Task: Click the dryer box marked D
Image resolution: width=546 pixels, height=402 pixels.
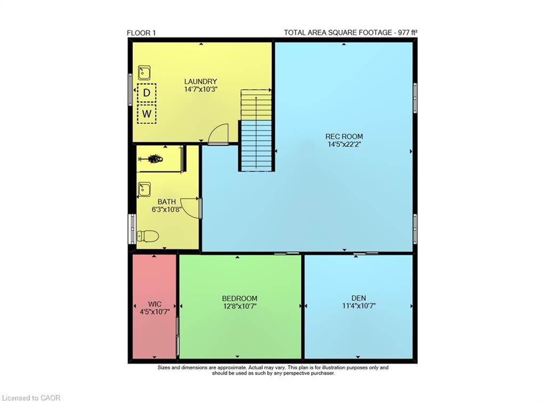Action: coord(147,93)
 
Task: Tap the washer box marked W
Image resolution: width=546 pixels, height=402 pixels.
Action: coord(147,114)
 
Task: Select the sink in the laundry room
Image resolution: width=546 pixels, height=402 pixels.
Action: coord(144,73)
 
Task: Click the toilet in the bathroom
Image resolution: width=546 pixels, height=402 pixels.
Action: coord(148,236)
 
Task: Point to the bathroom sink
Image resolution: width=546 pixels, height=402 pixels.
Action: coord(144,190)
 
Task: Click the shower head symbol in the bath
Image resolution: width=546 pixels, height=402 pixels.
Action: coord(151,159)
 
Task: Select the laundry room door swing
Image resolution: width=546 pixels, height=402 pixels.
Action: coord(218,134)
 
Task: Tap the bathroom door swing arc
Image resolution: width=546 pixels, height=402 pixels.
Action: coord(190,208)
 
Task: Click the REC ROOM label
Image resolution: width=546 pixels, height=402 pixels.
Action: coord(344,136)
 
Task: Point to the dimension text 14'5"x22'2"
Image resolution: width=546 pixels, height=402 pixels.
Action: coord(344,144)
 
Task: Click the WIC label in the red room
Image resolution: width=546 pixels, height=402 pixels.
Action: coord(155,304)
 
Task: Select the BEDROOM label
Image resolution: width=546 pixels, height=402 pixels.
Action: coord(239,299)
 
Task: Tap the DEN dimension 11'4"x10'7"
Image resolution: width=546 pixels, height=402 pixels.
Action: coord(359,306)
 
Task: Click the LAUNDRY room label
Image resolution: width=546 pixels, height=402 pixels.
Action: coord(200,82)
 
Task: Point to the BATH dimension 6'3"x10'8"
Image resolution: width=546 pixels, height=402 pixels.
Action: coord(167,210)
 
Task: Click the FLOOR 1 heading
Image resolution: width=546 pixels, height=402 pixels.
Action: coord(141,33)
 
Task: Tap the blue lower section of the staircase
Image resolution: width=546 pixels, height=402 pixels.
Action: coord(256,146)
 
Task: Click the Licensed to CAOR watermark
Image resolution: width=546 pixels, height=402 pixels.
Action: coord(31,398)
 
